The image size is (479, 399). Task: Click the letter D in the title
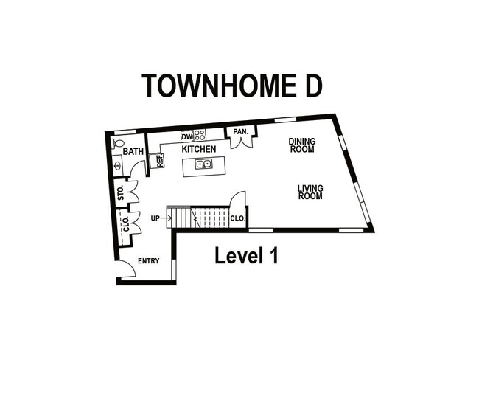click(310, 86)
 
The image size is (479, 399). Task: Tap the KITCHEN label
click(199, 149)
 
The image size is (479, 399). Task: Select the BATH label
click(133, 152)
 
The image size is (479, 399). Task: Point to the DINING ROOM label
click(301, 145)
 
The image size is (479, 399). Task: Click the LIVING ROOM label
click(310, 192)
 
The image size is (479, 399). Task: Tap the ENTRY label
click(148, 260)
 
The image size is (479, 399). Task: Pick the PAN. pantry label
click(240, 132)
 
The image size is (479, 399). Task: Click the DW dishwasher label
click(186, 136)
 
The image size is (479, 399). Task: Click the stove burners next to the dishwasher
click(199, 136)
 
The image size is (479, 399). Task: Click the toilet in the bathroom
click(120, 143)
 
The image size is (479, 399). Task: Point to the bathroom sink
click(119, 164)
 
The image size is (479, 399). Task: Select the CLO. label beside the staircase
click(237, 218)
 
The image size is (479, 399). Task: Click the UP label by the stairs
click(155, 218)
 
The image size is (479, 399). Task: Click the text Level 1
click(247, 256)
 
